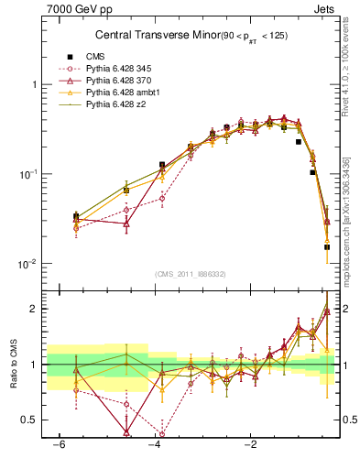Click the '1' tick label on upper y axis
(x=34, y=84)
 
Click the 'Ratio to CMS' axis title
(x=14, y=365)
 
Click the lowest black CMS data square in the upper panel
(x=327, y=246)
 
